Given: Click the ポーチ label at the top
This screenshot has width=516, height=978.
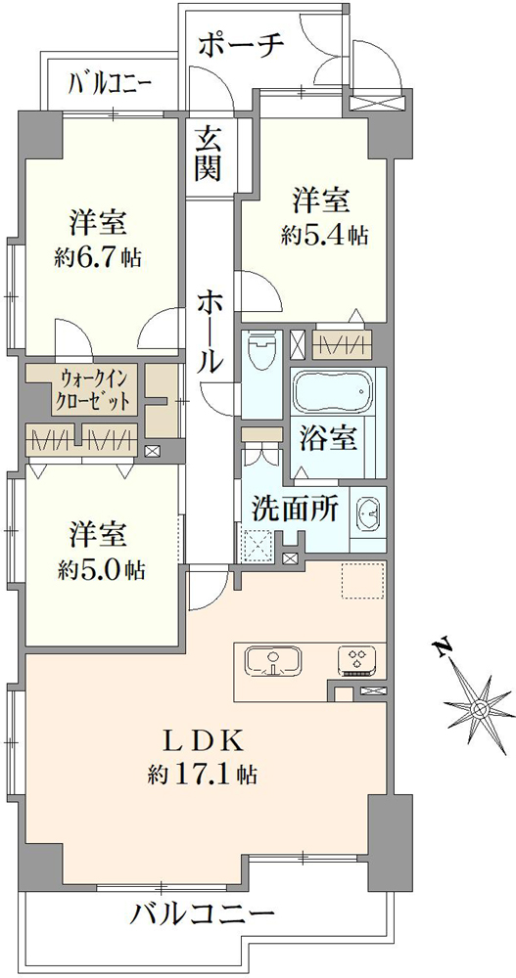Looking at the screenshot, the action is point(242,46).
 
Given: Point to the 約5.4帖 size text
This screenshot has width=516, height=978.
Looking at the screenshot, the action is point(323,235).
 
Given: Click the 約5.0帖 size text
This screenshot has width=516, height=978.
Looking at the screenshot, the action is point(103,568).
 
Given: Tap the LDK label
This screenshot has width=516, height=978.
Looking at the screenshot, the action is point(203,741).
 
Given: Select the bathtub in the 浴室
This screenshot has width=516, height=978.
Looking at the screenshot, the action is point(331,391).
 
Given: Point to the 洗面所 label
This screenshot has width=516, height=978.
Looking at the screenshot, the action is point(295,510).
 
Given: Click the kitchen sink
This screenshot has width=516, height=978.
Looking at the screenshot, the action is point(273,662).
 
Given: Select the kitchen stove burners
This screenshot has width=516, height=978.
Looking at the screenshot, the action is point(358,662).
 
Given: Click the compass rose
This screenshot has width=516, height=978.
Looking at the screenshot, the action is point(480,709).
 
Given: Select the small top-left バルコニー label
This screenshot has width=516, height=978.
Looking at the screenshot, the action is point(110,82).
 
